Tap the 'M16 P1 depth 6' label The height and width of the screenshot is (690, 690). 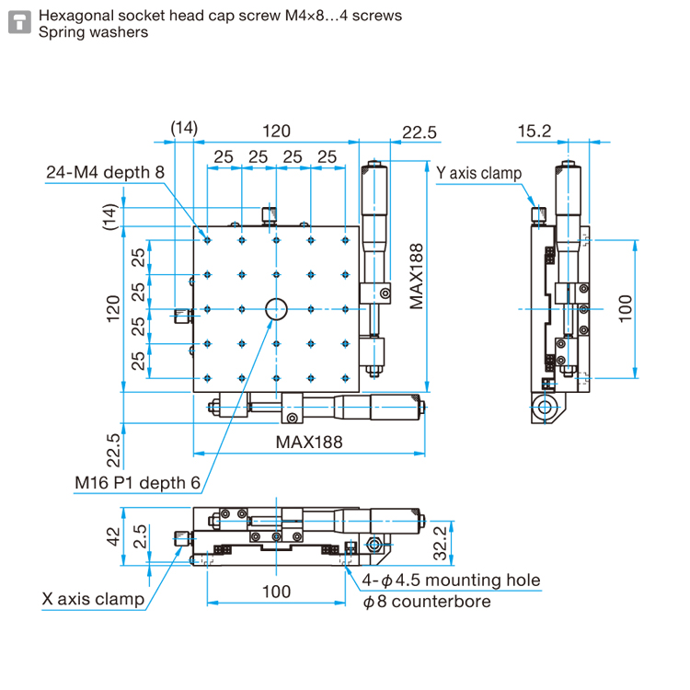tap(137, 482)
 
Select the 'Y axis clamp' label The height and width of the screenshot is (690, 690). tap(478, 173)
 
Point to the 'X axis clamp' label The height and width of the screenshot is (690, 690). tap(93, 600)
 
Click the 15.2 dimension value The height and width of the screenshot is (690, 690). tap(534, 132)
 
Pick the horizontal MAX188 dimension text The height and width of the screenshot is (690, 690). tap(309, 442)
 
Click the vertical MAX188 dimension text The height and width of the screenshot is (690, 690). tap(417, 275)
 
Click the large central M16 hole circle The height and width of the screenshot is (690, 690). tap(276, 309)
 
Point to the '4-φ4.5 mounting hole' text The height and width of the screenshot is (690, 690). tap(452, 581)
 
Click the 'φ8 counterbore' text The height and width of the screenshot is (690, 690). tap(427, 602)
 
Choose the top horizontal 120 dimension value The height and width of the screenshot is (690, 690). tap(277, 132)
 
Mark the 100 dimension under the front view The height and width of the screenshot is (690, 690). tap(276, 591)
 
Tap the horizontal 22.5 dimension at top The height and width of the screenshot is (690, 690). tap(419, 132)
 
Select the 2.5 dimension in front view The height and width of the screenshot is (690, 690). tap(137, 536)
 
